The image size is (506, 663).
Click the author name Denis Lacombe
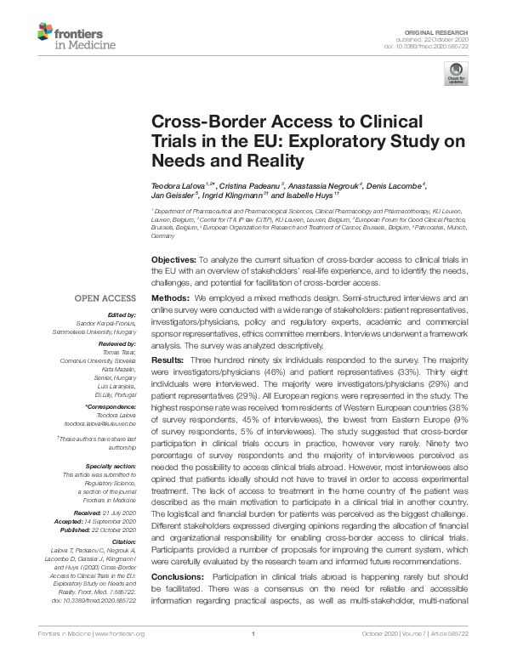[x=395, y=185]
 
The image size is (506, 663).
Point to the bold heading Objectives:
[x=173, y=258]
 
